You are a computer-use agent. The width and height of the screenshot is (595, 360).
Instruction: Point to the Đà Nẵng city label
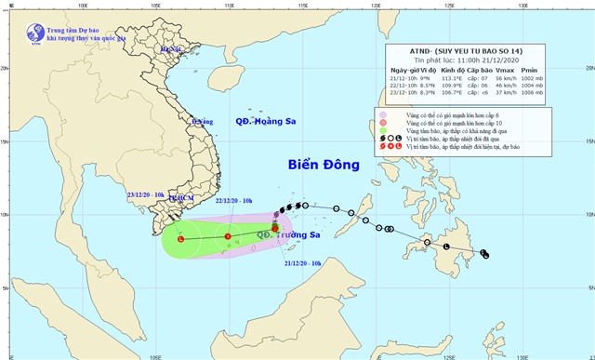pyautogui.click(x=201, y=121)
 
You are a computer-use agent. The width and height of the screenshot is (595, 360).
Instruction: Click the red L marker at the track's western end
pyautogui.click(x=180, y=238)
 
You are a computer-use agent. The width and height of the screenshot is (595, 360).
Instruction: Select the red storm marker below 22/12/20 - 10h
pyautogui.click(x=228, y=236)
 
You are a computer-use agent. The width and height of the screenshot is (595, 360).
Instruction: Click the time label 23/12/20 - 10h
pyautogui.click(x=149, y=194)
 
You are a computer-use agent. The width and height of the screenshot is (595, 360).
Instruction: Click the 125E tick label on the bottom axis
pyautogui.click(x=449, y=354)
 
